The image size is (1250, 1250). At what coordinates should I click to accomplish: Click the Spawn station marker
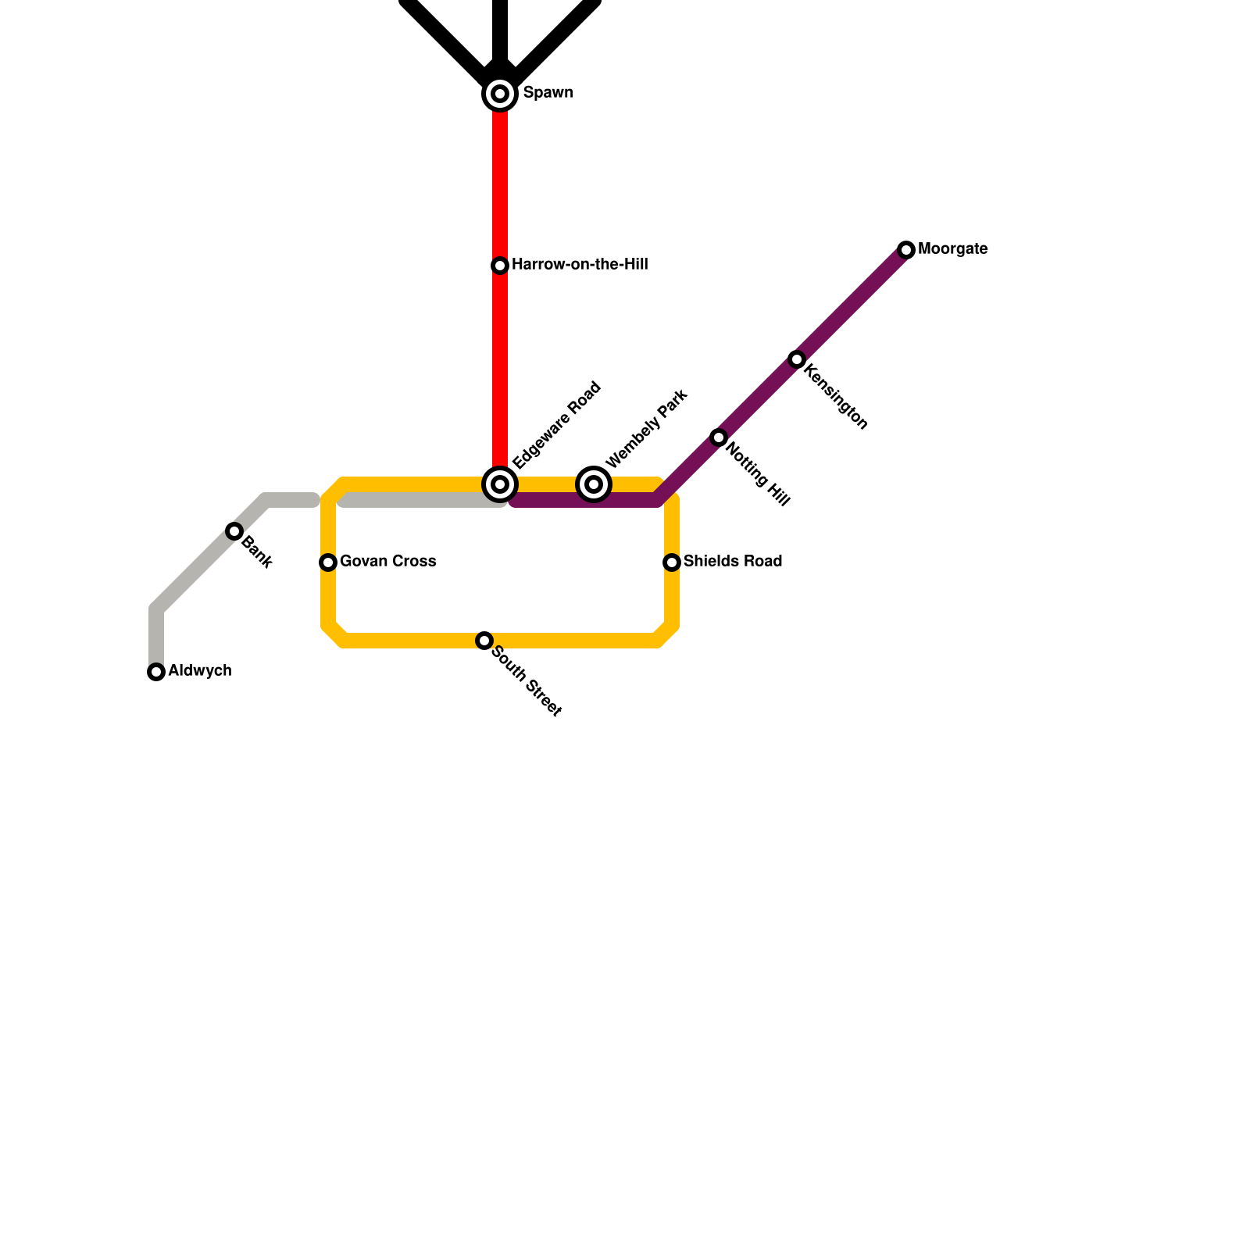(x=500, y=94)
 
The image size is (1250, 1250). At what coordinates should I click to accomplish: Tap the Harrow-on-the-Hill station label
(x=579, y=265)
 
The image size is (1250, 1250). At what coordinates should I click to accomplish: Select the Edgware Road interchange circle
(x=500, y=484)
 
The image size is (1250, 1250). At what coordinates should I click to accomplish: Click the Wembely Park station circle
(x=594, y=484)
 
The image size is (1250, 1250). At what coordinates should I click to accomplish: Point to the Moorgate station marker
(x=906, y=250)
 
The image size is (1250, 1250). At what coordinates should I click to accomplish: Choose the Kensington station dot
(x=797, y=359)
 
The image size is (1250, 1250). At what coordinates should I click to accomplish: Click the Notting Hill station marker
(x=719, y=437)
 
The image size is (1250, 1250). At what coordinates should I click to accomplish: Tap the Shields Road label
(x=732, y=562)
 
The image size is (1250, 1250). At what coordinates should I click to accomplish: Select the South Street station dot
(x=484, y=641)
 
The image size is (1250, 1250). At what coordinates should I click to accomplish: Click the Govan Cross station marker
(x=328, y=562)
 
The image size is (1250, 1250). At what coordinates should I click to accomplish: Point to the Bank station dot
(x=234, y=531)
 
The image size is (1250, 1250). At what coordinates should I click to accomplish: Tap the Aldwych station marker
(x=156, y=672)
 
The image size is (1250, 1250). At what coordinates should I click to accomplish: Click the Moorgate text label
(x=952, y=249)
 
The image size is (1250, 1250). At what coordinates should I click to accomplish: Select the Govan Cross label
(x=387, y=562)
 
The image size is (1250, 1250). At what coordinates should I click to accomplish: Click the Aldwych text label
(x=199, y=671)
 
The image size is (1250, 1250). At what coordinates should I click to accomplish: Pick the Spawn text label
(x=548, y=93)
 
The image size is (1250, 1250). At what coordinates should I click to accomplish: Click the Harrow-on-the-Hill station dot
(x=500, y=266)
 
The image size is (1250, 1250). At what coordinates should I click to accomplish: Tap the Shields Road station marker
(x=672, y=562)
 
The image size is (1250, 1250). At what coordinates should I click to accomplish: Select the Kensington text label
(x=835, y=396)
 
